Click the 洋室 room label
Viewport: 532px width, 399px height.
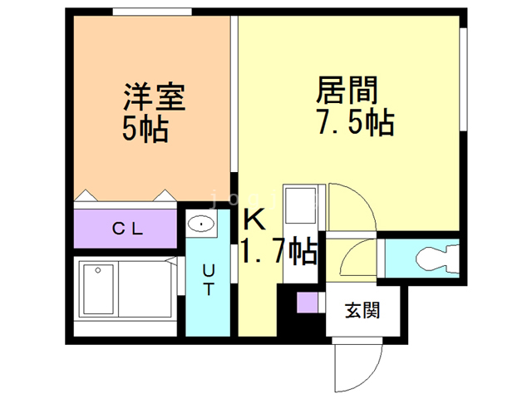pyautogui.click(x=153, y=97)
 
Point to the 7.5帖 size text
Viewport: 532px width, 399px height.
pyautogui.click(x=353, y=122)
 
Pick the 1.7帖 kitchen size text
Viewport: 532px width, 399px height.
pyautogui.click(x=278, y=250)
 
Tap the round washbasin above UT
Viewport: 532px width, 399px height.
pyautogui.click(x=200, y=223)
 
